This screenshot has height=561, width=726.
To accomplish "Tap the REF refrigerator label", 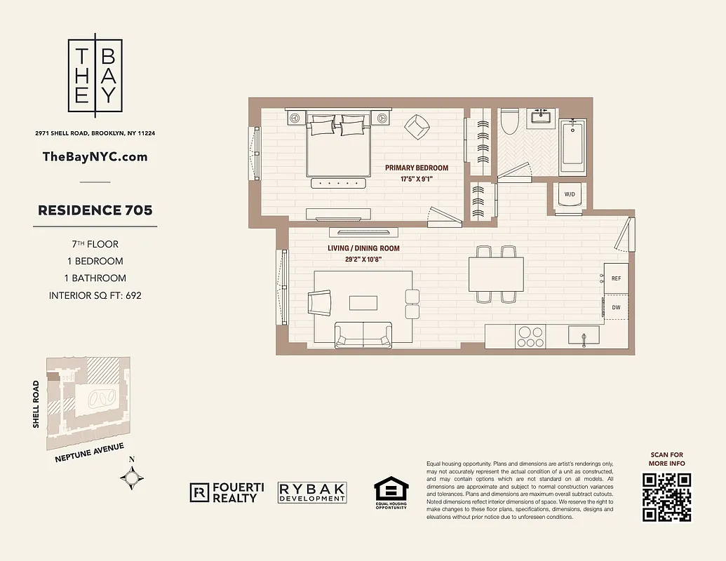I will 616,278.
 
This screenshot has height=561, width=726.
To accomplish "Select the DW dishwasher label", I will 616,307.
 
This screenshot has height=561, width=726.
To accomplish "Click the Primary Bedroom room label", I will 416,168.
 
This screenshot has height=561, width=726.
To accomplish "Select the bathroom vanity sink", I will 542,116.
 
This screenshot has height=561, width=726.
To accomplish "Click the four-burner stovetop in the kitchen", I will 530,337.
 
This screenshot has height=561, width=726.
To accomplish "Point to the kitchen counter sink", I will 583,337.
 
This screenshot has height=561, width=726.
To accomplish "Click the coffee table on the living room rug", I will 364,302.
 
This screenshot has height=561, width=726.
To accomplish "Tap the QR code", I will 666,497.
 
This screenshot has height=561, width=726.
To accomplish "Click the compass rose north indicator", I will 133,478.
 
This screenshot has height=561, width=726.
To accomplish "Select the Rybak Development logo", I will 312,492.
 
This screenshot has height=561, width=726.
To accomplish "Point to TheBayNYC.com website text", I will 95,157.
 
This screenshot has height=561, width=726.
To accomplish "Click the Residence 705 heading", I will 95,210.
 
